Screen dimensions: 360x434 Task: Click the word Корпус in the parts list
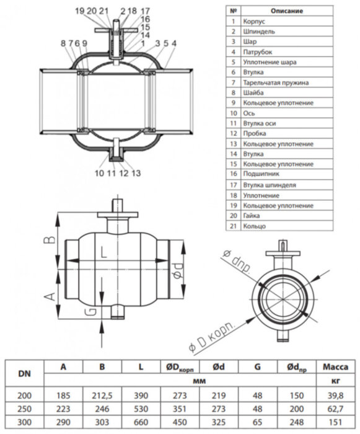[x=254, y=22]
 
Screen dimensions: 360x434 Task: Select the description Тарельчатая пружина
[x=276, y=82]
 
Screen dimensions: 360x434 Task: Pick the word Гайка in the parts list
[x=251, y=216]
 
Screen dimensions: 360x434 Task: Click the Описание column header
[x=287, y=11]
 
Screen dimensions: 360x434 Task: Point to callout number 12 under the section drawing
[x=124, y=173]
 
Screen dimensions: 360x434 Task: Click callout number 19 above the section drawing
[x=80, y=11]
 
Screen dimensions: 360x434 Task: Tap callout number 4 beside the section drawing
[x=173, y=43]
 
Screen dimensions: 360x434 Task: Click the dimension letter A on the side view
[x=50, y=297]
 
